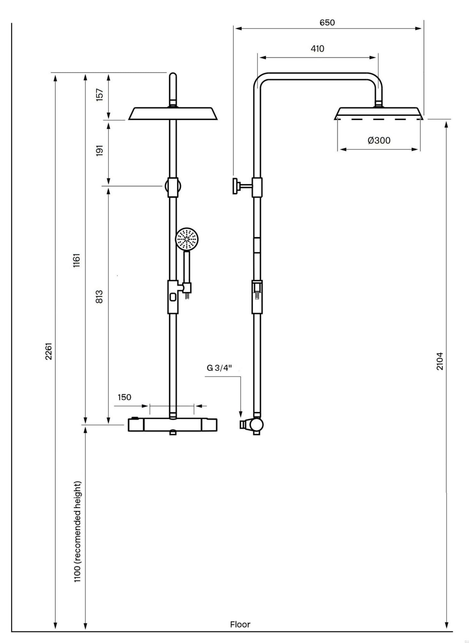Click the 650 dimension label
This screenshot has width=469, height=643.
pyautogui.click(x=327, y=23)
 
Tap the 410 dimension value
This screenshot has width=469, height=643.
pyautogui.click(x=317, y=49)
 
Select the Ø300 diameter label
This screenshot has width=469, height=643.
pyautogui.click(x=379, y=140)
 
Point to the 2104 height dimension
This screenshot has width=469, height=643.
pyautogui.click(x=440, y=361)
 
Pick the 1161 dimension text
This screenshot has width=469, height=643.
pyautogui.click(x=77, y=260)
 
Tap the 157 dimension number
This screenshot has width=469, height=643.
pyautogui.click(x=99, y=95)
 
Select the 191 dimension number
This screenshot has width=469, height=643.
pyautogui.click(x=99, y=150)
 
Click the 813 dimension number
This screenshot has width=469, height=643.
pyautogui.click(x=99, y=297)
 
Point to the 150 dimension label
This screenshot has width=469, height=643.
pyautogui.click(x=124, y=397)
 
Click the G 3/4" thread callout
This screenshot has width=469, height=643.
pyautogui.click(x=219, y=368)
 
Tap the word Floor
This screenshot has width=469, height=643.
pyautogui.click(x=240, y=624)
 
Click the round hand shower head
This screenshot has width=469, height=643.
pyautogui.click(x=187, y=239)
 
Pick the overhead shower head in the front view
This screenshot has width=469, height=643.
pyautogui.click(x=173, y=114)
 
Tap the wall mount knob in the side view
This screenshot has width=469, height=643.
pyautogui.click(x=236, y=186)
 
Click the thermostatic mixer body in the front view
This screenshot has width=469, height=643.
pyautogui.click(x=172, y=425)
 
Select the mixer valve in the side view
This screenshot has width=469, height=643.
pyautogui.click(x=255, y=425)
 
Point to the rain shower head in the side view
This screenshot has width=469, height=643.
pyautogui.click(x=379, y=114)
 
